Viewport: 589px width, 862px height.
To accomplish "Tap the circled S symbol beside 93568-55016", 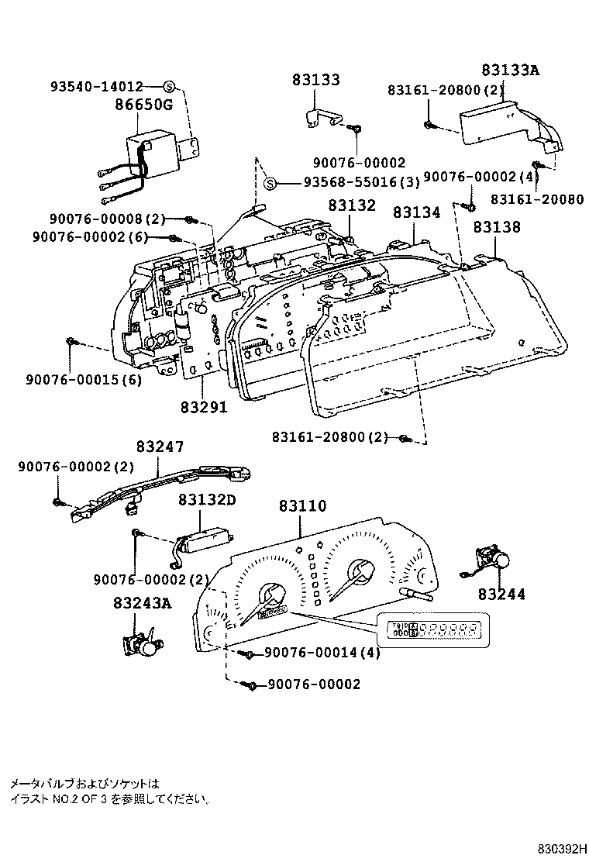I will [269, 184].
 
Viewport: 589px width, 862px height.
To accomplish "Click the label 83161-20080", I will [537, 198].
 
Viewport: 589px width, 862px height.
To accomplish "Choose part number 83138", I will [497, 226].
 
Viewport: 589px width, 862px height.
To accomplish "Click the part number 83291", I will [204, 405].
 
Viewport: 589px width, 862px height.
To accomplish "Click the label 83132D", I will [207, 500].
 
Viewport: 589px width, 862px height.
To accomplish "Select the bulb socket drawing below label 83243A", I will [142, 643].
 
